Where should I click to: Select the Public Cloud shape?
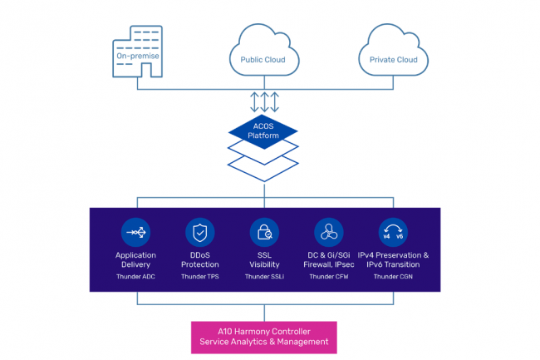pyautogui.click(x=263, y=53)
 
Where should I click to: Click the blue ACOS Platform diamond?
pyautogui.click(x=263, y=131)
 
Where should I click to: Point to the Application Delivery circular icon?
pyautogui.click(x=135, y=231)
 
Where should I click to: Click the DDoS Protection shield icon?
pyautogui.click(x=199, y=231)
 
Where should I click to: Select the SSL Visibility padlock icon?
pyautogui.click(x=263, y=231)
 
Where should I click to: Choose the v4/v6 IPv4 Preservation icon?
pyautogui.click(x=392, y=231)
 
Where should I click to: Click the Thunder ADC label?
pyautogui.click(x=135, y=275)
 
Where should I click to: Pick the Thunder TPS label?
pyautogui.click(x=199, y=275)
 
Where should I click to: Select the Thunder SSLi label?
pyautogui.click(x=263, y=275)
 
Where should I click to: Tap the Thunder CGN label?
pyautogui.click(x=392, y=275)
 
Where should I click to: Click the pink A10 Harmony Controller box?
pyautogui.click(x=264, y=335)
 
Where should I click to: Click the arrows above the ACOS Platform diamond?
pyautogui.click(x=263, y=101)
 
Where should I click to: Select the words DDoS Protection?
pyautogui.click(x=199, y=259)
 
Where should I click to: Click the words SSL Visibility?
pyautogui.click(x=263, y=259)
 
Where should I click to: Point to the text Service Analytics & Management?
pyautogui.click(x=264, y=341)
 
